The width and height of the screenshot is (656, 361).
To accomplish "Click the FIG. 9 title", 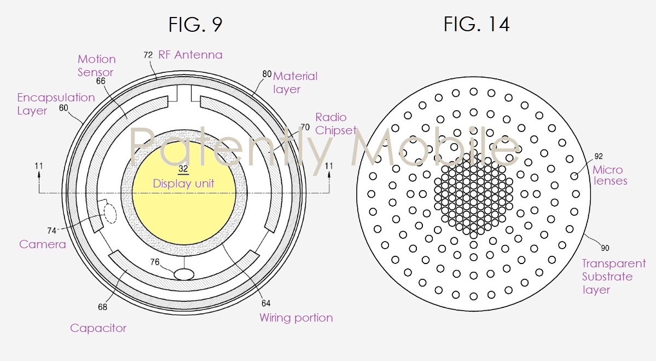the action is pos(195,24).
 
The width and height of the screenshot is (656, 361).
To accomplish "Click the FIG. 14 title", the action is pos(477,24).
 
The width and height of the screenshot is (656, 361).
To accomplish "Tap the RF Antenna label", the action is pos(190,55).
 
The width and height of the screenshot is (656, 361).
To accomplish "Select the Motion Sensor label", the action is pos(97,65).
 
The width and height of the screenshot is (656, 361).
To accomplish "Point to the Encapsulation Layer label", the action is pos(56,104).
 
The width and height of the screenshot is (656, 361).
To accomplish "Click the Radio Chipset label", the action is pos(335,124).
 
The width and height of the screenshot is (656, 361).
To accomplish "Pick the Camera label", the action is pos(43,244).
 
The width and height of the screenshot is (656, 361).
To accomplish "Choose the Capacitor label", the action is pos(98,328).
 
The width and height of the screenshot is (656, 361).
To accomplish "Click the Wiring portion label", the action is pos(296,317).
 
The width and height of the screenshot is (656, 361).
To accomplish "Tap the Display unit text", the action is pos(184,184).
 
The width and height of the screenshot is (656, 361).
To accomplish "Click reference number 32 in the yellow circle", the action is pos(183,169).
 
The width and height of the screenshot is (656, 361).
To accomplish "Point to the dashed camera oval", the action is pos(111,214).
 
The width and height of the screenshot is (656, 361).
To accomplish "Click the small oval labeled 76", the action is pos(184,274).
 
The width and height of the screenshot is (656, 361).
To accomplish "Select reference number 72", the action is pos(148,55).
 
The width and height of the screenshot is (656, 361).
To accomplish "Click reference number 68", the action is pos(102,307).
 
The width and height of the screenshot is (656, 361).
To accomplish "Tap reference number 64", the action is pos(266,303).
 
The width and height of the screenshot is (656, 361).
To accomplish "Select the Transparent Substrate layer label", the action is pos(614,277).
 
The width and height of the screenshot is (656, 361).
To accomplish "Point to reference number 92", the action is pos(599,156).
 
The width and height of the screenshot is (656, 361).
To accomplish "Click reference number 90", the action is pos(605,248).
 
